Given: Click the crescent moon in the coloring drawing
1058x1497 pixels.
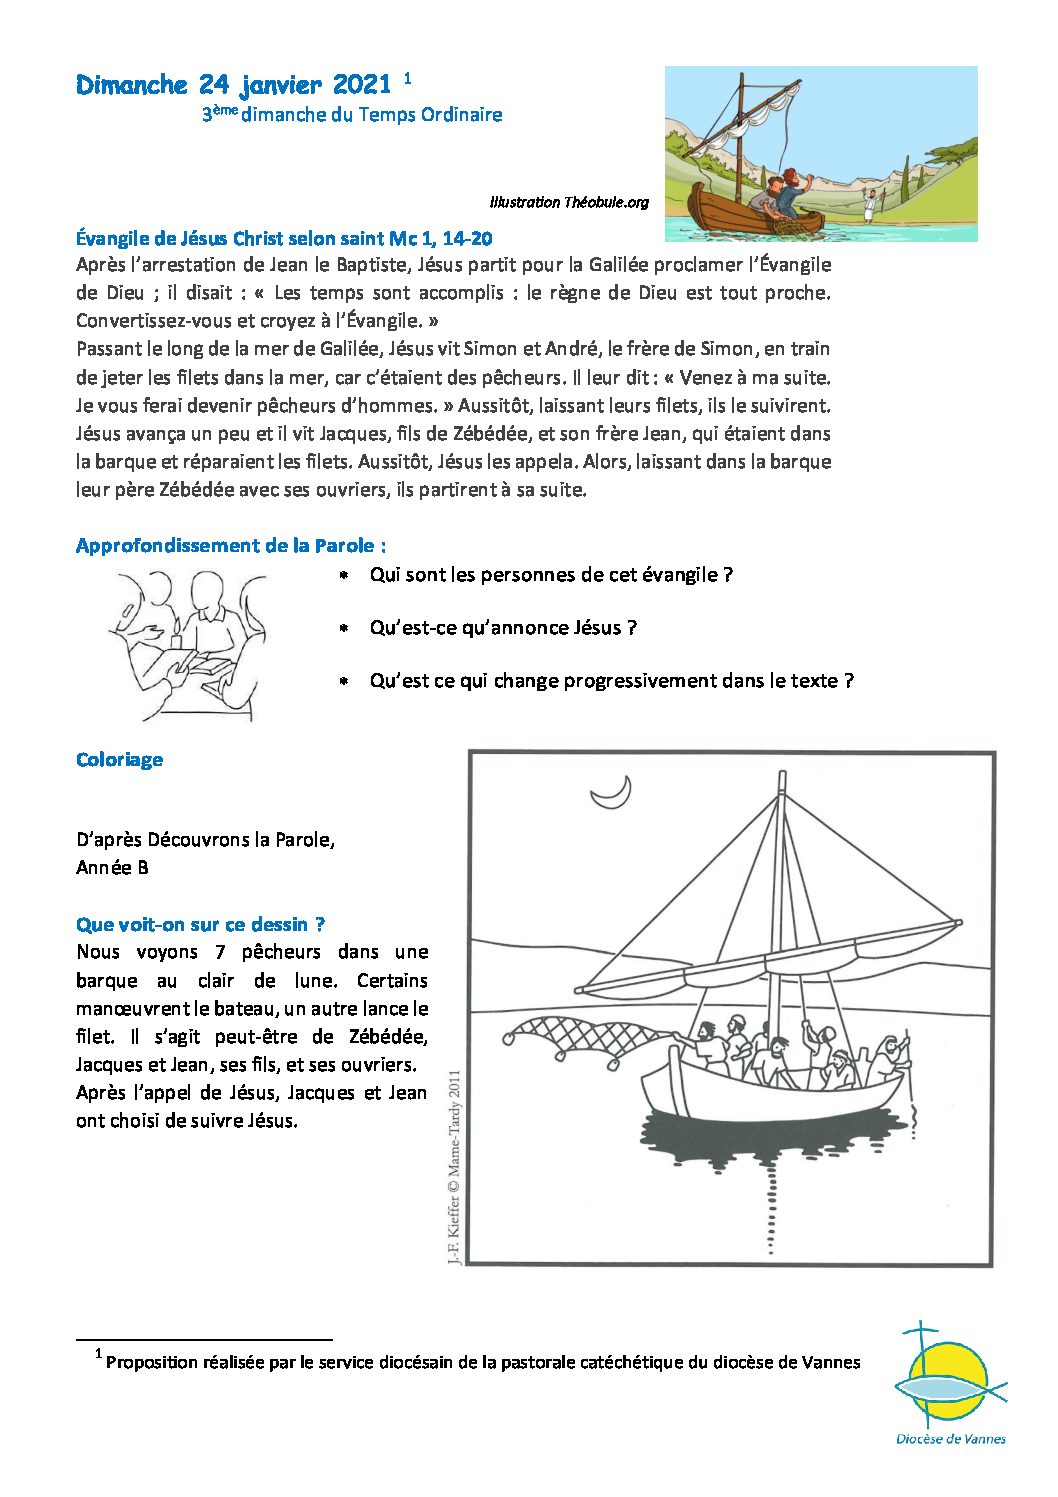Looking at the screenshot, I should point(612,793).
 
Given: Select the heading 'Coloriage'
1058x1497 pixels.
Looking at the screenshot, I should point(119,760).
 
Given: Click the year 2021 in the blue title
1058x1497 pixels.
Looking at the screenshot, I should point(361,85).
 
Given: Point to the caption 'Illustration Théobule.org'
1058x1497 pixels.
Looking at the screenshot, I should point(569,202).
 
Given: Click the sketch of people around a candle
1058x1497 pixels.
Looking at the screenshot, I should point(186,644).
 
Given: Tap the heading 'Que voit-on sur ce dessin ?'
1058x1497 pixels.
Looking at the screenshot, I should point(200,924).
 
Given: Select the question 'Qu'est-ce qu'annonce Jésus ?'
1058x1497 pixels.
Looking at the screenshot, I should point(503,628).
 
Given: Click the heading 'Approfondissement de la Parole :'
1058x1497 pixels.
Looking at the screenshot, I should point(231,546).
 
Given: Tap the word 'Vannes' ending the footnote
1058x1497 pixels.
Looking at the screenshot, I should point(831,1362).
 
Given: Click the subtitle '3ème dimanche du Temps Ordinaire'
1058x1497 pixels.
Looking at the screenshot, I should point(352,115).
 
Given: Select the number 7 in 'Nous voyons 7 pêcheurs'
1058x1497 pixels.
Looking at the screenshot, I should point(218,952).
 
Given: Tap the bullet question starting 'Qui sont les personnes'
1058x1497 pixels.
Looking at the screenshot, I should point(551,575).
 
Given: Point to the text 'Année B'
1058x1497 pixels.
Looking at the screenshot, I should point(112,868).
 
